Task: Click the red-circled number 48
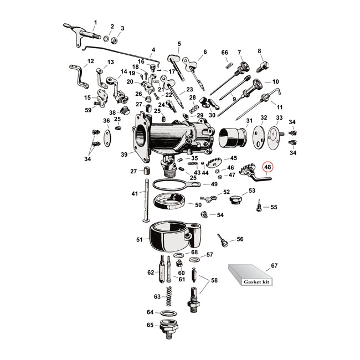[x=268, y=167]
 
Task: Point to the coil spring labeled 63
[x=169, y=297]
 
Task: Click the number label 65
[x=150, y=325]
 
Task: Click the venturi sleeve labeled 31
[x=232, y=138]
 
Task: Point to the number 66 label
[x=225, y=53]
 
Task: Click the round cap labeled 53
[x=236, y=199]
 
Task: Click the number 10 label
[x=276, y=81]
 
